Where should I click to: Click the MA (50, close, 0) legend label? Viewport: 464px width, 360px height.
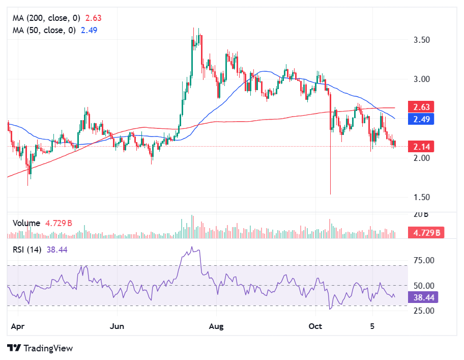44,30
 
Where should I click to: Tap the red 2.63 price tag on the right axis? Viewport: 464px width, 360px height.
421,107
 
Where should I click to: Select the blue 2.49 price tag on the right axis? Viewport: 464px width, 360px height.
421,119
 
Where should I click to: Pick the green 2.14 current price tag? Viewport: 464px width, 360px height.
421,147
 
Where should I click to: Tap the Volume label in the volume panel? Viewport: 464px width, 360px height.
26,223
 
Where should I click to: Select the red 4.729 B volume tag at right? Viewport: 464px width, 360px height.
426,233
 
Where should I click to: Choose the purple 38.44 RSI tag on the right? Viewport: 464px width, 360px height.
423,297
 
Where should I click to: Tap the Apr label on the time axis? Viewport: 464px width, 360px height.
18,325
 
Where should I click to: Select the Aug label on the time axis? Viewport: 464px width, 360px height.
217,325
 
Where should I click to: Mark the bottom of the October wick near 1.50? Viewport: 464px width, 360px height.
331,193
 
